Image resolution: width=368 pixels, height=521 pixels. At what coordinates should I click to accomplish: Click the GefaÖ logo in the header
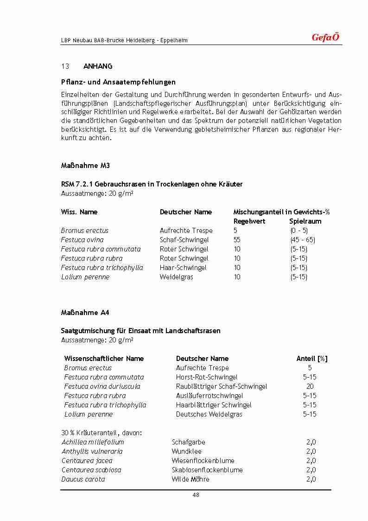coord(325,38)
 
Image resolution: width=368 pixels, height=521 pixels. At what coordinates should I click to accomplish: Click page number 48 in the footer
coord(196,495)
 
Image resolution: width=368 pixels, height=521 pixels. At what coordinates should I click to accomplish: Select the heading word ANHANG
coord(98,66)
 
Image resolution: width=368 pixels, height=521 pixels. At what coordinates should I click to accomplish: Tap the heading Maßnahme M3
coord(85,166)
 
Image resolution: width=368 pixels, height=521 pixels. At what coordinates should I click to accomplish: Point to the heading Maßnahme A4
coord(85,313)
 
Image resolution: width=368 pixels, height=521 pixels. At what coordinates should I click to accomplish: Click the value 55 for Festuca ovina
coord(237,240)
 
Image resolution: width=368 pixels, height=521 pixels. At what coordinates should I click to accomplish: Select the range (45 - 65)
coord(302,240)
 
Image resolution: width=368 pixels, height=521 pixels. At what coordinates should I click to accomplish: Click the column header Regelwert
coord(249,221)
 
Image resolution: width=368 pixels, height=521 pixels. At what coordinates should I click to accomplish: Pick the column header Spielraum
coord(305,221)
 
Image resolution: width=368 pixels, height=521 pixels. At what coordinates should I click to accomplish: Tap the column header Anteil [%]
coord(312,359)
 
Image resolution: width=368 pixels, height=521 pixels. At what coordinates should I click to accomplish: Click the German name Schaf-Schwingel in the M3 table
coord(184,240)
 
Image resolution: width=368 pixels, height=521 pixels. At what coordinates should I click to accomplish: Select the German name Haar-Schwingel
coord(183,268)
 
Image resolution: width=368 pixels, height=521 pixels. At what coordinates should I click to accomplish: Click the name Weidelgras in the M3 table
coord(176,277)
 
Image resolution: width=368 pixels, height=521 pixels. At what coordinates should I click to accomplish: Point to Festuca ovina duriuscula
coord(102,386)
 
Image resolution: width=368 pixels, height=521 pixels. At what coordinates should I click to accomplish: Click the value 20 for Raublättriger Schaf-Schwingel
coord(310,386)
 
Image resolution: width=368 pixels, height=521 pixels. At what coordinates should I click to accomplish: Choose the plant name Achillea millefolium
coord(93,442)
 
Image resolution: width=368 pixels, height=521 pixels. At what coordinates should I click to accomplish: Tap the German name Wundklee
coord(186,451)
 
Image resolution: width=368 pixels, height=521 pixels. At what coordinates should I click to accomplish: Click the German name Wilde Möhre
coord(190,479)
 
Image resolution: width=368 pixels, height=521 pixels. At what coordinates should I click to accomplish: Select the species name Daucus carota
coord(83,479)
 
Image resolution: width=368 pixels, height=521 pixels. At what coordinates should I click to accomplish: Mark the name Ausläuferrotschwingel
coord(209,396)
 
